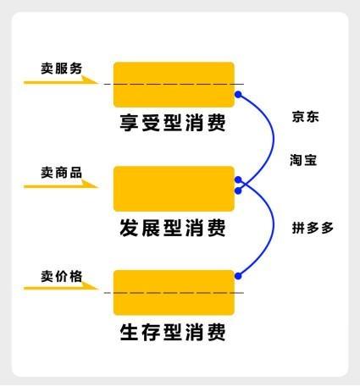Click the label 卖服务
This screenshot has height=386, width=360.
[x=62, y=69]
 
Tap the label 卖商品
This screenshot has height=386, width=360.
[x=62, y=173]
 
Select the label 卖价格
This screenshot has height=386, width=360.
[x=62, y=276]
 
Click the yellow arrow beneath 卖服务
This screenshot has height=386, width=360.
[x=61, y=81]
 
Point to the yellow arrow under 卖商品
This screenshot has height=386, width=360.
[x=61, y=185]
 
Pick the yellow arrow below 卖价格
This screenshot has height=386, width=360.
[x=61, y=288]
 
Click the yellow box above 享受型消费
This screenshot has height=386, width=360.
[x=174, y=85]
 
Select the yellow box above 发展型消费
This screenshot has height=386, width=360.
[x=174, y=189]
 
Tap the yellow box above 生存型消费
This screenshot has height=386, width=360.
[x=174, y=293]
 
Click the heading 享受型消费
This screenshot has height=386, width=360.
[x=173, y=123]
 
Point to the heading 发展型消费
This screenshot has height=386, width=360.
[x=173, y=228]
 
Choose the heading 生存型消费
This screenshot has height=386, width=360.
[x=173, y=332]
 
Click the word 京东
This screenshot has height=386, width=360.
[x=306, y=117]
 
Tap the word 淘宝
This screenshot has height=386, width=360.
[x=303, y=160]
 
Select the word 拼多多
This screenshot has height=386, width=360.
[x=313, y=228]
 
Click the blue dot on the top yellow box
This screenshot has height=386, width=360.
[x=238, y=95]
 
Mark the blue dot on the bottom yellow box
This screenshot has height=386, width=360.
[x=238, y=276]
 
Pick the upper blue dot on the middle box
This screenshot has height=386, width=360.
[x=238, y=179]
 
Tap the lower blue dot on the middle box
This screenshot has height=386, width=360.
[x=238, y=191]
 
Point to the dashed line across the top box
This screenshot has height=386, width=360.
[x=174, y=84]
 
